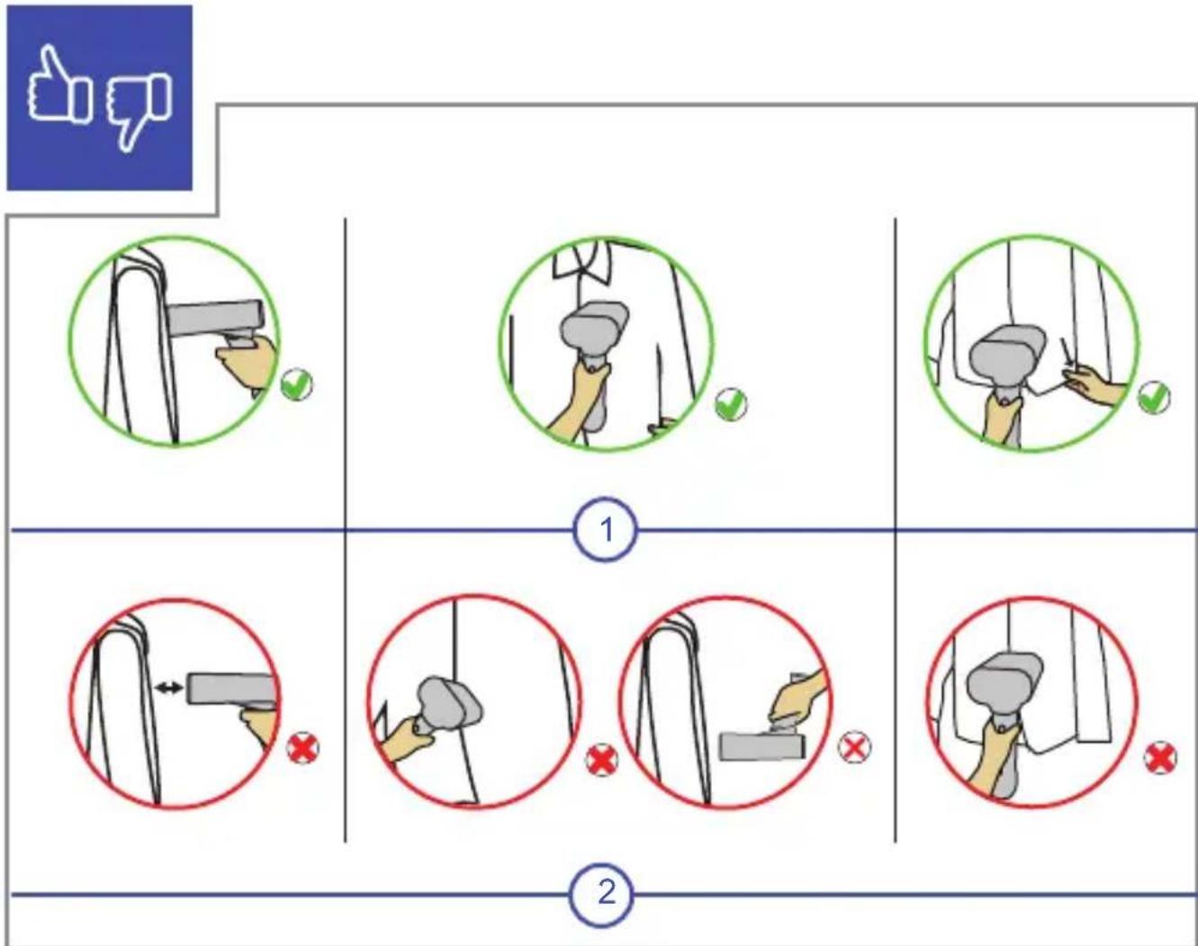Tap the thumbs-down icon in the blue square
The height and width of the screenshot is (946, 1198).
(139, 109)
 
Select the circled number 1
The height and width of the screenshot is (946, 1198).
(606, 529)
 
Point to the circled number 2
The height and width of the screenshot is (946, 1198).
(602, 893)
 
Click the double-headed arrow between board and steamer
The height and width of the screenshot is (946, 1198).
(168, 689)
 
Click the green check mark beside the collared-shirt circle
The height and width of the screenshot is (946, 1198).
(730, 404)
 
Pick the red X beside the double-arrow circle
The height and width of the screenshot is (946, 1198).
(302, 748)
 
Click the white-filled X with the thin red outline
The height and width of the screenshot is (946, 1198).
(854, 747)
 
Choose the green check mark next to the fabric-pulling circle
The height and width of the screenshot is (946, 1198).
(1154, 398)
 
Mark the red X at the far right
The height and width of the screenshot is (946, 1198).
(1160, 757)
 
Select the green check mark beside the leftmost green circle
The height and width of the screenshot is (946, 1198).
(297, 384)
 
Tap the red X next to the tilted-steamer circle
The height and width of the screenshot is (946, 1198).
(601, 760)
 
